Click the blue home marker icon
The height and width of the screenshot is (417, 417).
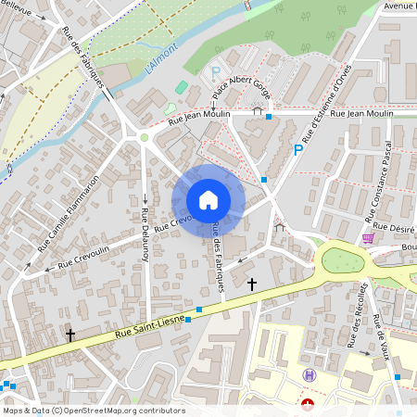point(208,200)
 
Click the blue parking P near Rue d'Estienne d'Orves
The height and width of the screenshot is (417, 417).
point(298,149)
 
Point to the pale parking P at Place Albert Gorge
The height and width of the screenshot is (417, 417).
point(216,71)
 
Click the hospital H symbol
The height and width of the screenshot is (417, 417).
point(310,374)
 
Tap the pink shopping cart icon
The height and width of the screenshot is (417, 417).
point(368,238)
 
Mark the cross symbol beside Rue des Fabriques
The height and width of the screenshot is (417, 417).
point(251,284)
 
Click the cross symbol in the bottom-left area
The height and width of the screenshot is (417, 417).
point(69,335)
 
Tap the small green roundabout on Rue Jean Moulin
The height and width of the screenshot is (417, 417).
point(144,137)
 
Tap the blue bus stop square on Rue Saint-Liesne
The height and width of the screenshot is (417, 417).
point(188,319)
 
